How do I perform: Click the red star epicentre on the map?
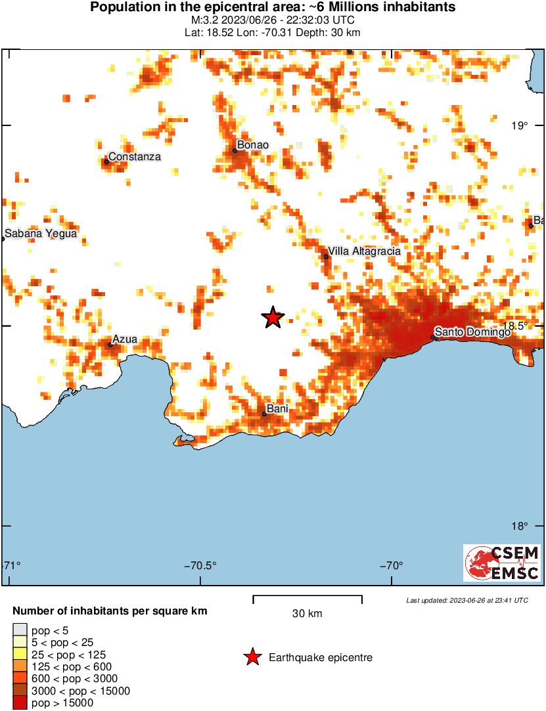point(273,318)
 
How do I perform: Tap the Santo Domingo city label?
point(472,333)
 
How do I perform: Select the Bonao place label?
point(254,145)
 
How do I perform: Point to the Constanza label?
point(134,156)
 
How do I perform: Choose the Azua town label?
point(125,339)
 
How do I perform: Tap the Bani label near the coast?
point(277,409)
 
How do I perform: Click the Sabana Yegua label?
point(41,233)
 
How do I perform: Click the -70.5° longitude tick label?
point(200,566)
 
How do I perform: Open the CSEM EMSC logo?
point(502,563)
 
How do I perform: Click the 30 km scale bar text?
point(307,614)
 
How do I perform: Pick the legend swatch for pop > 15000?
point(20,703)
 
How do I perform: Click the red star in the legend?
point(252,657)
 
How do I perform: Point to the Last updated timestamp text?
point(466,600)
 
